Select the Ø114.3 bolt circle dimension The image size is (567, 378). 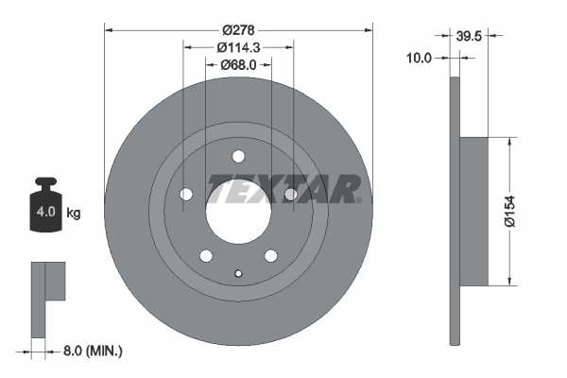[239, 47]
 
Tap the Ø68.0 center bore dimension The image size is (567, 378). [239, 65]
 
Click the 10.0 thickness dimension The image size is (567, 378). [418, 58]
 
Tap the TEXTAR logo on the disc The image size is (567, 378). [283, 189]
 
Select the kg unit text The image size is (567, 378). [74, 214]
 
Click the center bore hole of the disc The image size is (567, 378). [238, 210]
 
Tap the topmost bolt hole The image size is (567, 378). [238, 156]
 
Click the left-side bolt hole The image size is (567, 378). [186, 195]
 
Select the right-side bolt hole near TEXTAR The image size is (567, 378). [291, 195]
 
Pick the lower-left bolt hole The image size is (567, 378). [205, 254]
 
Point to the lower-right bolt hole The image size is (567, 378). [271, 254]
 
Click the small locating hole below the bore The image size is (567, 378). [238, 275]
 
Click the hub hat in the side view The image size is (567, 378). [474, 210]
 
